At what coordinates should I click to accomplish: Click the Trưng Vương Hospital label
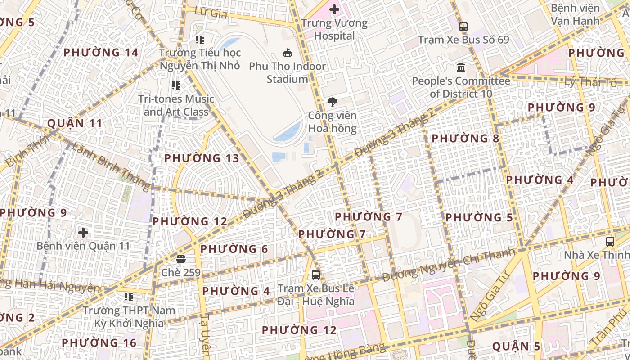point(334,29)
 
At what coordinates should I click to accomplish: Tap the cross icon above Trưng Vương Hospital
point(334,9)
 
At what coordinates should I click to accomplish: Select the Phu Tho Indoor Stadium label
point(287,72)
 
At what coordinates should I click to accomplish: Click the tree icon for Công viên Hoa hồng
point(333,102)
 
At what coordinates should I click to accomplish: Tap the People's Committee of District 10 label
point(461,87)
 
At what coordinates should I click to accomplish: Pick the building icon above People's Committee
point(461,67)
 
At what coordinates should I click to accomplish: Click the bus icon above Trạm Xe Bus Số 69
point(463,26)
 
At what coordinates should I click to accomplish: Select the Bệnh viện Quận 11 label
point(83,246)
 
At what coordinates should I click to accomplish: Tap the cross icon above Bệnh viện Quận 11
point(83,233)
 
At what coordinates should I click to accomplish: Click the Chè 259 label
point(181,272)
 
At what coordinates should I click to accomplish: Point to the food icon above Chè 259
point(181,259)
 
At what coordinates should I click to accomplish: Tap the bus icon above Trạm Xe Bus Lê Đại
point(316,274)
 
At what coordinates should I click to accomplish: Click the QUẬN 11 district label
point(75,123)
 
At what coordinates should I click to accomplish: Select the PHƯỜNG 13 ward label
point(202,158)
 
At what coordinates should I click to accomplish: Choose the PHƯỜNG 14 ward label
point(101,53)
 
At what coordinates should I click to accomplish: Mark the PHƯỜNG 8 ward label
point(465,138)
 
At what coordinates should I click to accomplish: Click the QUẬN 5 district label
point(516,346)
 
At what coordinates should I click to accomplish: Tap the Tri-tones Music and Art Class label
point(176,105)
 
